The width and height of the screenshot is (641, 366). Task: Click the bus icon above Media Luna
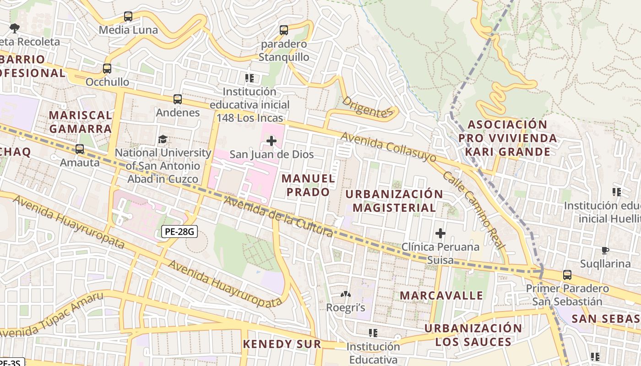tap(128, 16)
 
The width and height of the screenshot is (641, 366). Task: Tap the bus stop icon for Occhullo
tap(107, 69)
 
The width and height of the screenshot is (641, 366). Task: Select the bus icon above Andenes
tap(178, 99)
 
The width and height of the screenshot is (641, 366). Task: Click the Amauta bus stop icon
tap(80, 149)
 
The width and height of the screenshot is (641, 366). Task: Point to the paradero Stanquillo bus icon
tap(284, 30)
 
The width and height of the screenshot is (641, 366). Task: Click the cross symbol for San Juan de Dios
tap(272, 141)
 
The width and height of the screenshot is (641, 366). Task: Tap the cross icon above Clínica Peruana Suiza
tap(440, 233)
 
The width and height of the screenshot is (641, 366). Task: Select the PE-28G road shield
tap(179, 232)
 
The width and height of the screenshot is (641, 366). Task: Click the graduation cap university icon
tap(163, 139)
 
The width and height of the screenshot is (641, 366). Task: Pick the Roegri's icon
tap(345, 294)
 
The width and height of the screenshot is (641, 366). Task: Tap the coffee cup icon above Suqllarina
tap(605, 250)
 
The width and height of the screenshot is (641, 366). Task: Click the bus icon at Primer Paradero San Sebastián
tap(567, 275)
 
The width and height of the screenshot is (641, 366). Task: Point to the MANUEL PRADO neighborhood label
tap(308, 185)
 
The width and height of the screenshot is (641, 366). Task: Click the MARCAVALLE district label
tap(441, 296)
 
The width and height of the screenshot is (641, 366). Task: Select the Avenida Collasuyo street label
tap(388, 147)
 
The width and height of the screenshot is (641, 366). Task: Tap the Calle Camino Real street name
tap(473, 210)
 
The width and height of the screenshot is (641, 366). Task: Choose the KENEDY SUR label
tap(282, 344)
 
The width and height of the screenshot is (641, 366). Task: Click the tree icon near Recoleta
tap(15, 28)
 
